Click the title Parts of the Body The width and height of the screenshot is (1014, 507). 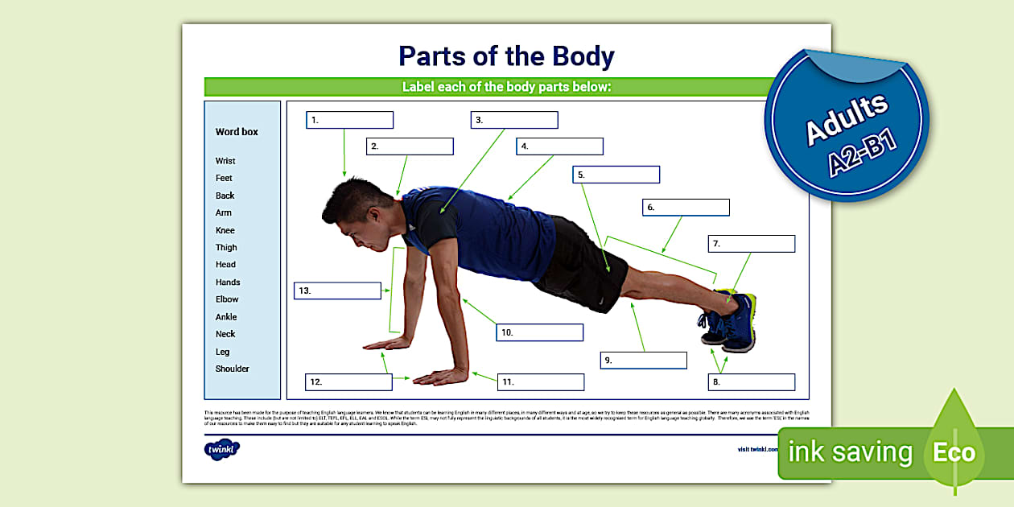click(x=506, y=56)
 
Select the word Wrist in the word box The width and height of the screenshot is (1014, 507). click(x=225, y=161)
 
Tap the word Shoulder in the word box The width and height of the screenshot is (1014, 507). click(x=232, y=369)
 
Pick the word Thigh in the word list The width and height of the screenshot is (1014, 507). click(x=226, y=248)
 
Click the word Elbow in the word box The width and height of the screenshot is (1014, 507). click(x=227, y=299)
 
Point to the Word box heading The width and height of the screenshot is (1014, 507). click(x=237, y=132)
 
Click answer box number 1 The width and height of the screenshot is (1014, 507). click(x=349, y=120)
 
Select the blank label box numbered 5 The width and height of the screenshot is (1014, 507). click(x=616, y=175)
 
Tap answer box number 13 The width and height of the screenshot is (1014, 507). click(x=337, y=291)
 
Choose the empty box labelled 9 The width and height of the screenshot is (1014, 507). click(x=643, y=361)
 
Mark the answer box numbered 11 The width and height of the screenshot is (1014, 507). click(x=540, y=382)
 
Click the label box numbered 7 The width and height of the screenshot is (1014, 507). click(x=752, y=244)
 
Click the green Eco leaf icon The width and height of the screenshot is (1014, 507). click(x=954, y=443)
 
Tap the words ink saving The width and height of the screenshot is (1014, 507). click(x=850, y=452)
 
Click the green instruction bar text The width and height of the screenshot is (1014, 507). click(x=507, y=87)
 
